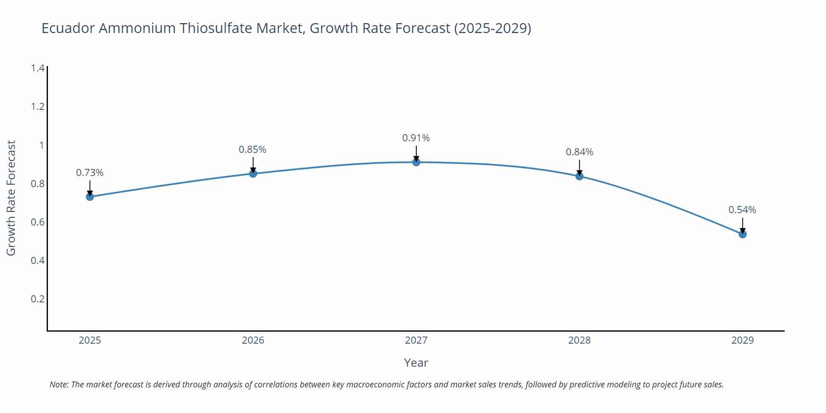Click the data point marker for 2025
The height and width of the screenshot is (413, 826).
coord(90,197)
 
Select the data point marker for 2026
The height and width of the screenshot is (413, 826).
coord(253,173)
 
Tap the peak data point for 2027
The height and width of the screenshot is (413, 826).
coord(416,162)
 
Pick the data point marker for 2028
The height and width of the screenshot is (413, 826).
coord(579,176)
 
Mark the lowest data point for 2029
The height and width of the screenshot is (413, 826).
coord(743,234)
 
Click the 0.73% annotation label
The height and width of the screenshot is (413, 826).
coord(90,173)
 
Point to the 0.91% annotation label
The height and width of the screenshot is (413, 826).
coord(416,138)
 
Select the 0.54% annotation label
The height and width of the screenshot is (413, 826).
coord(742,210)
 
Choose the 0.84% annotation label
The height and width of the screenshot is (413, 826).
coord(579,152)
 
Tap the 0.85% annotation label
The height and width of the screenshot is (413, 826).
coord(252,150)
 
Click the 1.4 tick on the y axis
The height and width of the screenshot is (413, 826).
coord(38,68)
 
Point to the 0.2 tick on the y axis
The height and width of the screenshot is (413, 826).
coord(38,299)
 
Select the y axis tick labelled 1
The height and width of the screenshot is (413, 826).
coord(41,145)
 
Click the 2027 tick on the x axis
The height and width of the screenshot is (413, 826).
coord(416,340)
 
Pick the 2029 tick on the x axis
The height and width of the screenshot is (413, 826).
coord(742,340)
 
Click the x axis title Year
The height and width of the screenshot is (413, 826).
coord(416,363)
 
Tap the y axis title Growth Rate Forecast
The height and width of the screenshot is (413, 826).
coord(11,198)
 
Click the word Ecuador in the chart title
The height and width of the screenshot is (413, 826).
coord(68,28)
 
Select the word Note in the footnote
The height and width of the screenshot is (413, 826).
coord(59,385)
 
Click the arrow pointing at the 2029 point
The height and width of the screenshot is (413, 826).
coord(743,225)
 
